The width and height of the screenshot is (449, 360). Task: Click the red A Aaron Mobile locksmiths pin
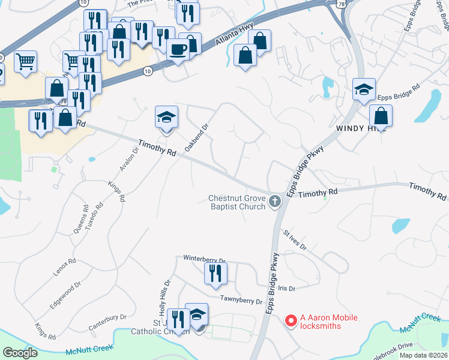pyautogui.click(x=291, y=321)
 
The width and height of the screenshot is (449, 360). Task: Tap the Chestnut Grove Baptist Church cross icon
pyautogui.click(x=275, y=201)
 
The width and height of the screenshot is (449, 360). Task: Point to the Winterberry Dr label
pyautogui.click(x=204, y=260)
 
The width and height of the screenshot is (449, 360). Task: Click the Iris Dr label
pyautogui.click(x=288, y=289)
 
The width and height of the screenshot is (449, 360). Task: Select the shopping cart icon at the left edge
pyautogui.click(x=26, y=61)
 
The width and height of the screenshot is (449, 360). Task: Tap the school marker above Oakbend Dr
pyautogui.click(x=167, y=116)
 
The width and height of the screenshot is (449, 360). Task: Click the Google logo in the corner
pyautogui.click(x=20, y=352)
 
